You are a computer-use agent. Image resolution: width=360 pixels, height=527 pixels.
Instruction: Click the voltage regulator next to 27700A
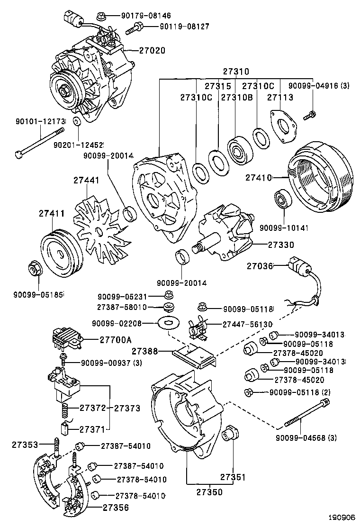[x=66, y=338]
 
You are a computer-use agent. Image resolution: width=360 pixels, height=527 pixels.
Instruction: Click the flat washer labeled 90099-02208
[x=166, y=324]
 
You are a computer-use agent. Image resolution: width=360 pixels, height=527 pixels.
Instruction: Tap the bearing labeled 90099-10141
[x=283, y=201]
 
